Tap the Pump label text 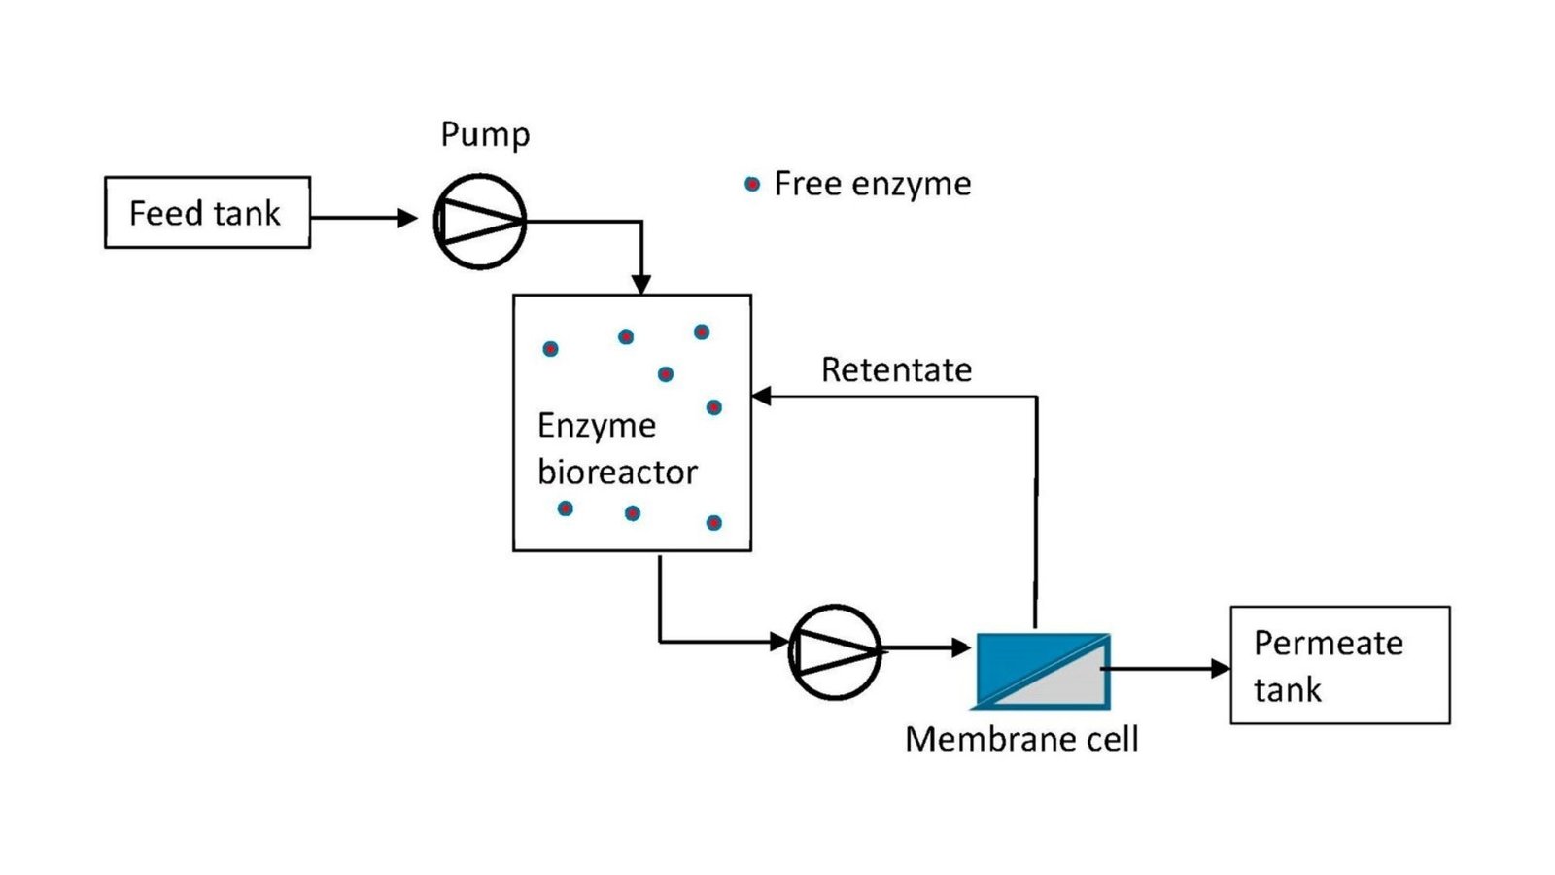485,135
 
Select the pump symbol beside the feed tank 480,222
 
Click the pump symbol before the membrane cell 836,651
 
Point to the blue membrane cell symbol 1043,671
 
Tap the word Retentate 896,369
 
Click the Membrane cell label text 1021,739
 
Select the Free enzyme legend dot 752,184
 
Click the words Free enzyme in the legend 873,185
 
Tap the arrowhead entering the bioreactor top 640,284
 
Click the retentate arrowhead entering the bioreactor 762,396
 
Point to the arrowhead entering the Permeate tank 1221,669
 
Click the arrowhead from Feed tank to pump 407,218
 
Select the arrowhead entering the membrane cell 961,647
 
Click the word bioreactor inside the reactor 617,472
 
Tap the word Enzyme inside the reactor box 597,426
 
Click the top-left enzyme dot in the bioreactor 550,349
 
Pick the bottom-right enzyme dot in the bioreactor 713,522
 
